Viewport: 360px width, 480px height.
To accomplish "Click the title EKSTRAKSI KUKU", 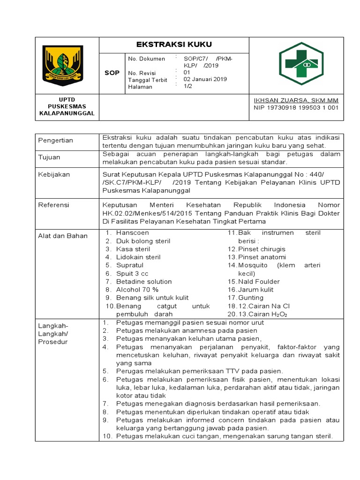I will coord(173,45).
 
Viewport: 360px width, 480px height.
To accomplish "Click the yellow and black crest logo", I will coord(63,65).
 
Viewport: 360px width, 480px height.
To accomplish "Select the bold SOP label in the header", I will coord(112,73).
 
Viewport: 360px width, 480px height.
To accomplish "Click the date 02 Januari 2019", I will coord(205,79).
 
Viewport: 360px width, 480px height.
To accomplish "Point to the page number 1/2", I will coord(187,86).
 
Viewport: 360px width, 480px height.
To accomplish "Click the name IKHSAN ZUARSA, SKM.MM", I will coord(296,100).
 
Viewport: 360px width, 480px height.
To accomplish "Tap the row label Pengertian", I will coord(55,141).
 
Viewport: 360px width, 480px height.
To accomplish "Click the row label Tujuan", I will coord(49,157).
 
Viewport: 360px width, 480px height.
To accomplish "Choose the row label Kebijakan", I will coord(54,174).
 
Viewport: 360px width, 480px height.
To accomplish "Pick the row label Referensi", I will coord(53,205).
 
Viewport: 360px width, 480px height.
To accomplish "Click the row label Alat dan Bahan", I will coord(63,236).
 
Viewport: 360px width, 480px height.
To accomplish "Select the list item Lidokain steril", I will coord(138,257).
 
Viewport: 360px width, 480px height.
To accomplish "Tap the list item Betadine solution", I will coord(144,282).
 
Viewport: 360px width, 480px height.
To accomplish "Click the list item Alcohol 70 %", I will coord(137,290).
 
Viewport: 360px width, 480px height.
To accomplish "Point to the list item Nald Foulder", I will coord(259,282).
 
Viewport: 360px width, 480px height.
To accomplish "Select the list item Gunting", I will coord(251,298).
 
